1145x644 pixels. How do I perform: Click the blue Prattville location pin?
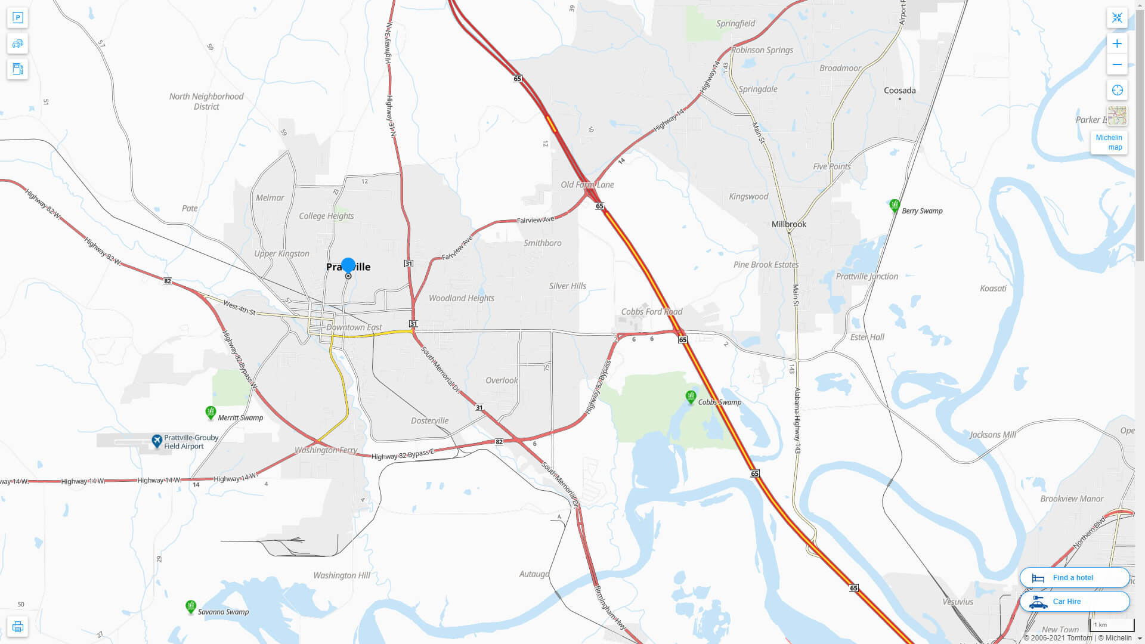(x=348, y=266)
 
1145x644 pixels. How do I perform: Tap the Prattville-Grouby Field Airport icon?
(x=157, y=441)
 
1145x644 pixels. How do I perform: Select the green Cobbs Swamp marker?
(x=691, y=397)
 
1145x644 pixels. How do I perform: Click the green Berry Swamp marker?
(x=894, y=206)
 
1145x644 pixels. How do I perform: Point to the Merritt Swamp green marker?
(x=211, y=412)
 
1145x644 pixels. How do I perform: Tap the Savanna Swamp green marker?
(x=191, y=606)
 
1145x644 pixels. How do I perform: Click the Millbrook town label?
(x=788, y=224)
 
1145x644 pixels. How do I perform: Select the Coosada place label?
(x=899, y=91)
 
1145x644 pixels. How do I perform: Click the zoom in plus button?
(x=1117, y=44)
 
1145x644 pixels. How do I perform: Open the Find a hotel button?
(x=1074, y=577)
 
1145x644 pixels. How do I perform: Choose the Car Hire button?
(x=1074, y=601)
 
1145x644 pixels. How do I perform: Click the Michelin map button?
(x=1109, y=143)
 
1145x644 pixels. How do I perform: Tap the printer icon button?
(x=17, y=626)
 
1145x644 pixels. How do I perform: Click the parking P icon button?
(x=17, y=17)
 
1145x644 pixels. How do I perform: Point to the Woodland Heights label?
(x=461, y=298)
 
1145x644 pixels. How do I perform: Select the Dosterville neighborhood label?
(x=429, y=420)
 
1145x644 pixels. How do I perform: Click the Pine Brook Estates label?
(x=766, y=265)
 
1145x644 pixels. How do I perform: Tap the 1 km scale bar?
(x=1112, y=625)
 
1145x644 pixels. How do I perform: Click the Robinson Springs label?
(x=762, y=50)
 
